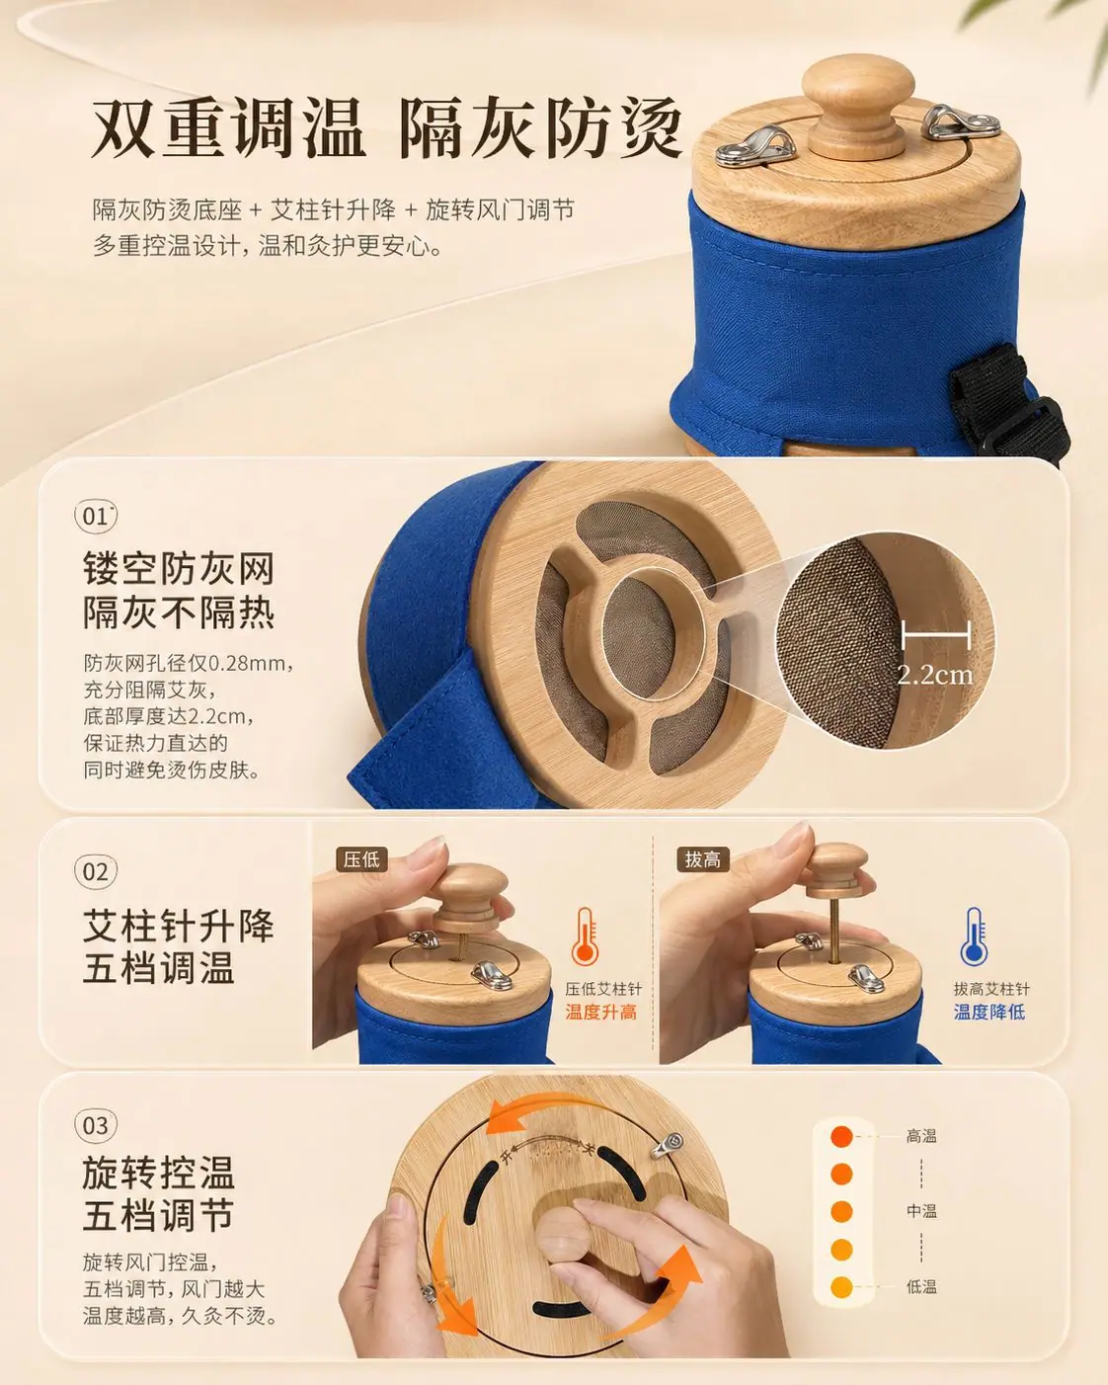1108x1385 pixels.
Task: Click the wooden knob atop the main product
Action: (x=858, y=110)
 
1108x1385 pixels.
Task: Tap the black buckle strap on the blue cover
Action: (x=1011, y=400)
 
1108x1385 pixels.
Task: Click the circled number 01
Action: (x=96, y=516)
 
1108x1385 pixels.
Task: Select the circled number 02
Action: (x=96, y=872)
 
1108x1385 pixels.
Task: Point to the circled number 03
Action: (x=96, y=1125)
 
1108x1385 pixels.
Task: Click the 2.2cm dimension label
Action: (x=935, y=675)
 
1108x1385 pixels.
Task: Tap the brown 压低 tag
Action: (x=361, y=859)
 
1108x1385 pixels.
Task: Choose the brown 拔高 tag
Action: (x=703, y=859)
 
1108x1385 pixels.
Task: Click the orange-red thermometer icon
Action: (x=585, y=937)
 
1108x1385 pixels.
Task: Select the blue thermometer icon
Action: (x=974, y=937)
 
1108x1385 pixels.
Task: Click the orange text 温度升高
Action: (x=601, y=1013)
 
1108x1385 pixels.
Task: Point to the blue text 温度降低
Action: (x=989, y=1013)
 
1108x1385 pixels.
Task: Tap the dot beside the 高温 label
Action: (x=841, y=1137)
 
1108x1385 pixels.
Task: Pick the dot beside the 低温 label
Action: (x=841, y=1287)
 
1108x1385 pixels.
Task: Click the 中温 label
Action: (x=921, y=1211)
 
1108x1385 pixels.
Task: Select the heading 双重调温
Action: (x=228, y=127)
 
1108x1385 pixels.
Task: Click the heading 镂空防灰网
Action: (x=179, y=568)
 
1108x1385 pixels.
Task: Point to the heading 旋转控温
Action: (x=158, y=1174)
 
